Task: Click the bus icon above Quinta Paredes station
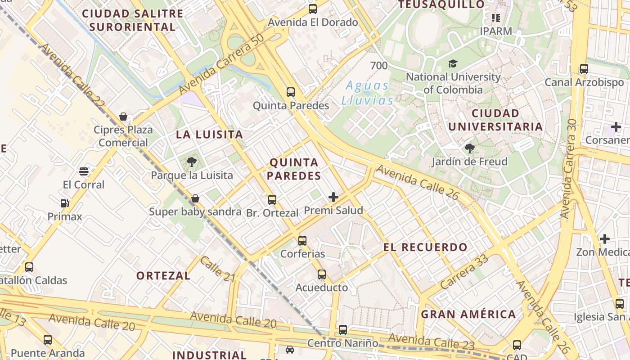pos(291,92)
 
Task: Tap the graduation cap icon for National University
pos(453,64)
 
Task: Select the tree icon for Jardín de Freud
pos(469,148)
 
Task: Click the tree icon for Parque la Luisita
pos(191,162)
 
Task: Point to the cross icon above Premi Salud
pos(333,197)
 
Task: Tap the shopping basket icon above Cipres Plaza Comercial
pos(123,117)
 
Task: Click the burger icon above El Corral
pos(84,171)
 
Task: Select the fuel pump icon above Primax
pos(65,203)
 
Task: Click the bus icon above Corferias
pos(302,241)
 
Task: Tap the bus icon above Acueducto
pos(322,274)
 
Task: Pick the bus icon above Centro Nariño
pos(343,330)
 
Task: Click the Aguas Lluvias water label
pos(367,93)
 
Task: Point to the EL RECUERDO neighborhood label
pos(425,247)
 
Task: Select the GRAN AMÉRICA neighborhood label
pos(468,314)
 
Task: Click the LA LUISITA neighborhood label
pos(209,134)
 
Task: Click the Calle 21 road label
pos(218,269)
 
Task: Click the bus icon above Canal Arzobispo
pos(584,69)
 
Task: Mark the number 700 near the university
pos(378,66)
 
